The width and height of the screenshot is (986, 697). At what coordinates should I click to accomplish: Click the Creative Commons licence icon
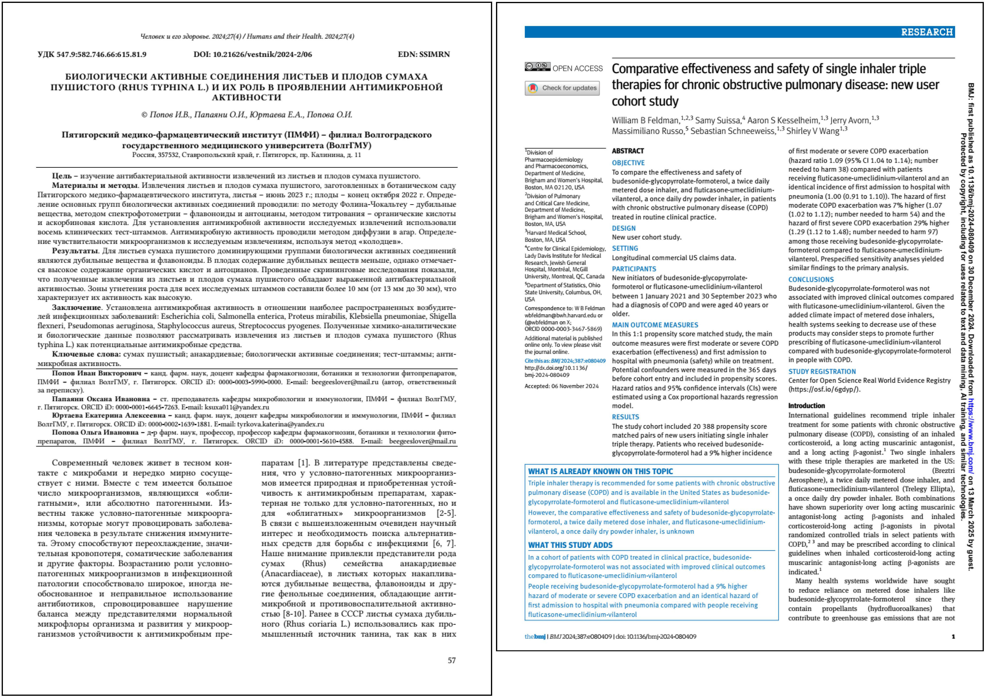click(537, 67)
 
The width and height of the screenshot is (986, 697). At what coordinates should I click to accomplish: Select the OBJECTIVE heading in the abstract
click(628, 163)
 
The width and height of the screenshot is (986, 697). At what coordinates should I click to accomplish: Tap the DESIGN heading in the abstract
click(623, 228)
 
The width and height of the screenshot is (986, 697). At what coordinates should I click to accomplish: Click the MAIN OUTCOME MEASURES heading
click(655, 325)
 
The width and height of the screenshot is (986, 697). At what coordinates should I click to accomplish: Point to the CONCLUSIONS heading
click(811, 279)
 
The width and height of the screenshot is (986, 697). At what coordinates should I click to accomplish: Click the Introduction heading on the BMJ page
click(807, 406)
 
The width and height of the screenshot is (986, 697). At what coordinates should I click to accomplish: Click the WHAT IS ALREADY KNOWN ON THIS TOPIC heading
click(600, 471)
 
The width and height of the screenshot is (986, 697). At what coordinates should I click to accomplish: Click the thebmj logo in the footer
click(535, 636)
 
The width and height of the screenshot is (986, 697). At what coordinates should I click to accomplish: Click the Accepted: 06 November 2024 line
click(561, 386)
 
